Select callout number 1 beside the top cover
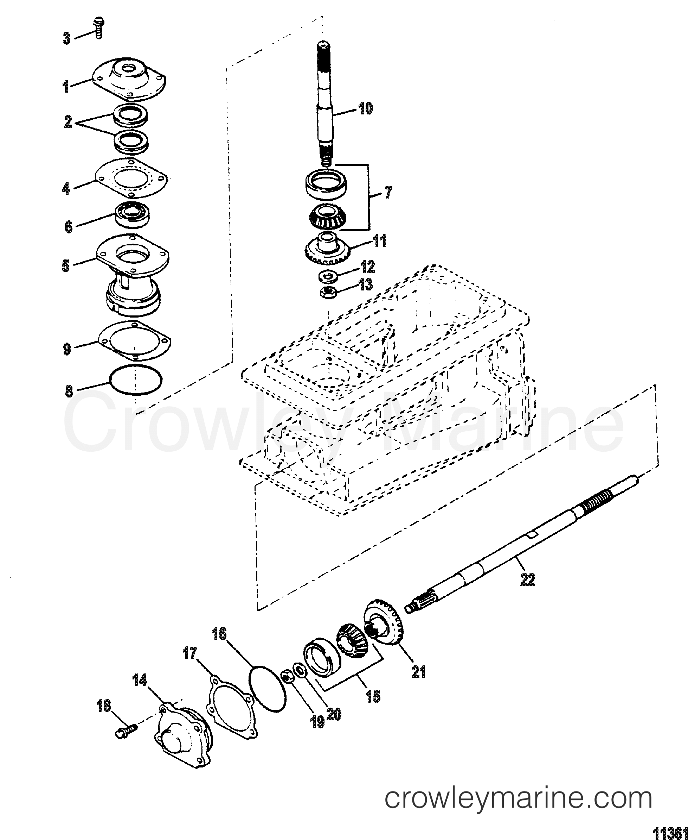pyautogui.click(x=66, y=87)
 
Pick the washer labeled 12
pyautogui.click(x=327, y=275)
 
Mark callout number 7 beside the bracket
pyautogui.click(x=388, y=193)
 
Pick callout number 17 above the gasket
pyautogui.click(x=190, y=653)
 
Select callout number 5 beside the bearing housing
pyautogui.click(x=66, y=265)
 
